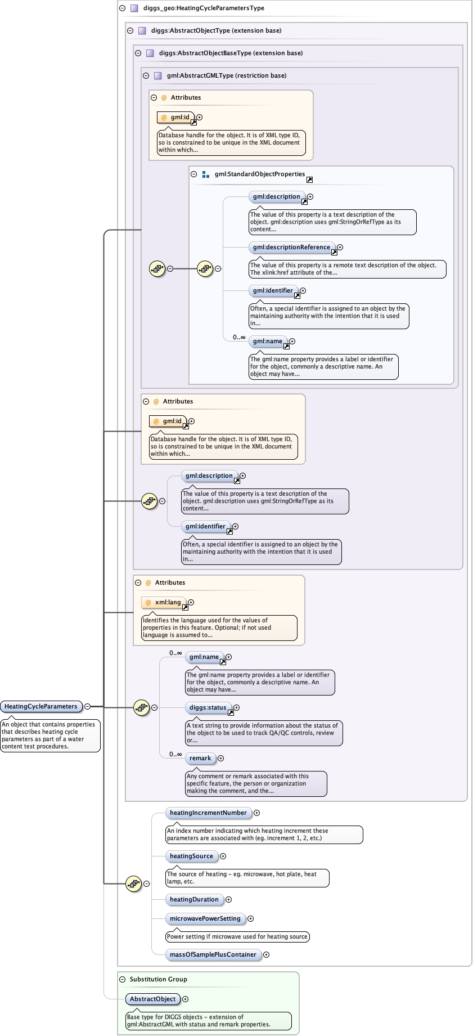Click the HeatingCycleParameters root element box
pyautogui.click(x=41, y=706)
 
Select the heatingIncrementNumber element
pyautogui.click(x=208, y=813)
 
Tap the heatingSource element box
pyautogui.click(x=191, y=856)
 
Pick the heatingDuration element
pyautogui.click(x=194, y=899)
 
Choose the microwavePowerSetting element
pyautogui.click(x=205, y=918)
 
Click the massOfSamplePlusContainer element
pyautogui.click(x=213, y=954)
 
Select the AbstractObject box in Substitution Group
pyautogui.click(x=152, y=999)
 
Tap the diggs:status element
pyautogui.click(x=208, y=707)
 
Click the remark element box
pyautogui.click(x=200, y=758)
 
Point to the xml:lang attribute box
pyautogui.click(x=168, y=602)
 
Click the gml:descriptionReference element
pyautogui.click(x=291, y=247)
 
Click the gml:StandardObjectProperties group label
pyautogui.click(x=259, y=174)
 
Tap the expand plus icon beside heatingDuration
pyautogui.click(x=228, y=899)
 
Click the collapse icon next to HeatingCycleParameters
pyautogui.click(x=87, y=706)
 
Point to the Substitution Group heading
pyautogui.click(x=158, y=979)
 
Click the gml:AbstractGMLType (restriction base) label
pyautogui.click(x=226, y=75)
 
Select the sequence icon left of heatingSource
pyautogui.click(x=133, y=883)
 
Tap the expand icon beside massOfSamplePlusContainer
pyautogui.click(x=266, y=954)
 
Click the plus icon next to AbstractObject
pyautogui.click(x=185, y=999)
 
